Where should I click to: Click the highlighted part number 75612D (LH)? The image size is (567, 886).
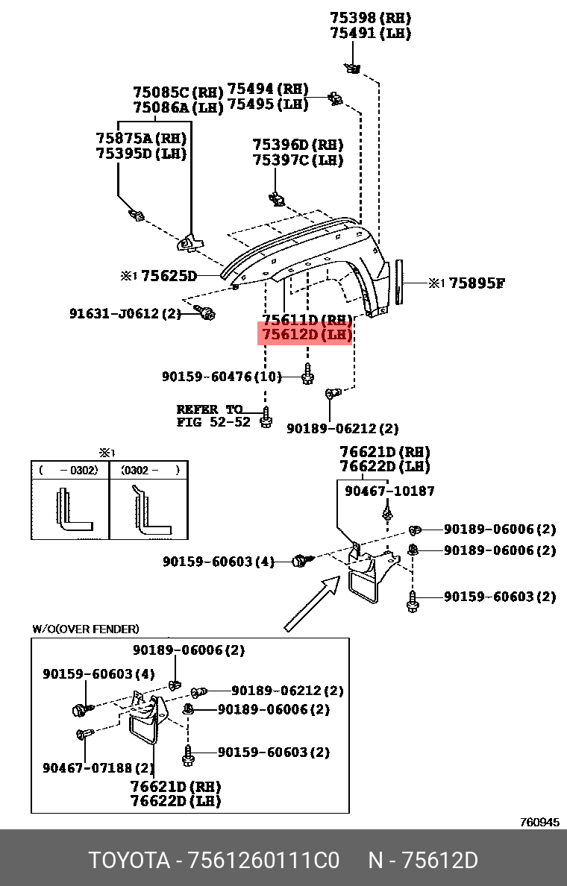click(305, 335)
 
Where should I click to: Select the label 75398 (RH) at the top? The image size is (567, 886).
click(371, 18)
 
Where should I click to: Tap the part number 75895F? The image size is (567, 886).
click(477, 283)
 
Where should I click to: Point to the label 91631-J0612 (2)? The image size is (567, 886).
click(125, 314)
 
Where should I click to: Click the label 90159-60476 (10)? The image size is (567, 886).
click(222, 377)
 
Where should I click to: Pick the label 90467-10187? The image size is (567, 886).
click(389, 491)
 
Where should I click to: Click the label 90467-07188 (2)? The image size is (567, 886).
click(98, 767)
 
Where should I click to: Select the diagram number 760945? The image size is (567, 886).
click(539, 822)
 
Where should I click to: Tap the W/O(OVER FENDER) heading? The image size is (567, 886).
click(85, 629)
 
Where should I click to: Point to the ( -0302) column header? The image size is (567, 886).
click(69, 470)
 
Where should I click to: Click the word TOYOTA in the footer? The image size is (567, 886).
click(129, 861)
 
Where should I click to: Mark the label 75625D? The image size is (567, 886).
click(169, 276)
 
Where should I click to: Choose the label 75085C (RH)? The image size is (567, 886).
click(178, 92)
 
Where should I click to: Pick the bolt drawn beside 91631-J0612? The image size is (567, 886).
click(204, 312)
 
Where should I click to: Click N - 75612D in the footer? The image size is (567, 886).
click(422, 861)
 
